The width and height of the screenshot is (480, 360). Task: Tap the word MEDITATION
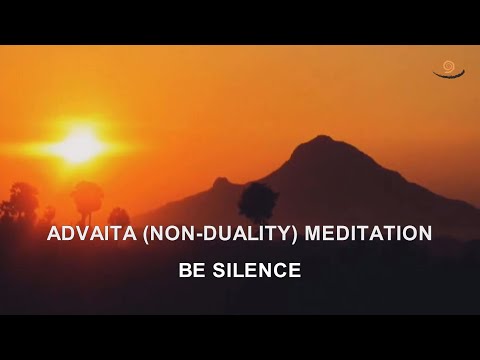(x=372, y=236)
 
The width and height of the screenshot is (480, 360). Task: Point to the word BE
(x=191, y=269)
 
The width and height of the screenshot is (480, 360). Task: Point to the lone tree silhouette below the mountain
(x=258, y=200)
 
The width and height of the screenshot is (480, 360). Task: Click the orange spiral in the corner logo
(x=446, y=66)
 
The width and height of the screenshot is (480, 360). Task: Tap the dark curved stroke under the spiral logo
(x=445, y=76)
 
